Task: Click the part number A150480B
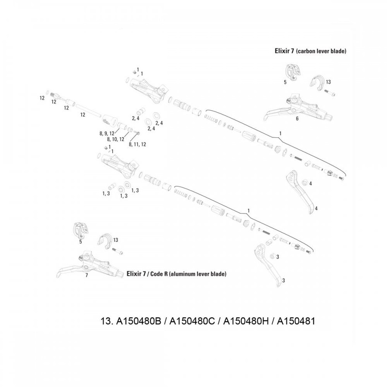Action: point(138,321)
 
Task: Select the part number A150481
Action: point(296,321)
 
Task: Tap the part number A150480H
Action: point(246,321)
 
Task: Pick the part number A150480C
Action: point(192,321)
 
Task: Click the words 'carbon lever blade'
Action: point(321,51)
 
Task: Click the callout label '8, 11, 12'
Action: point(137,144)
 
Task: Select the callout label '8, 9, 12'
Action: point(107,134)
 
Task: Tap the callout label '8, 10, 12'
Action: point(116,139)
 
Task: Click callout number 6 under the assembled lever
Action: point(297,119)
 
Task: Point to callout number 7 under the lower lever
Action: point(87,275)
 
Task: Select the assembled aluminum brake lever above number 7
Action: point(90,265)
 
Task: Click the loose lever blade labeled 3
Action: point(267,265)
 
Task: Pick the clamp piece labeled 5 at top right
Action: point(293,72)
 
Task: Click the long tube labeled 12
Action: point(89,111)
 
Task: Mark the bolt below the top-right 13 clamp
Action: point(330,92)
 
